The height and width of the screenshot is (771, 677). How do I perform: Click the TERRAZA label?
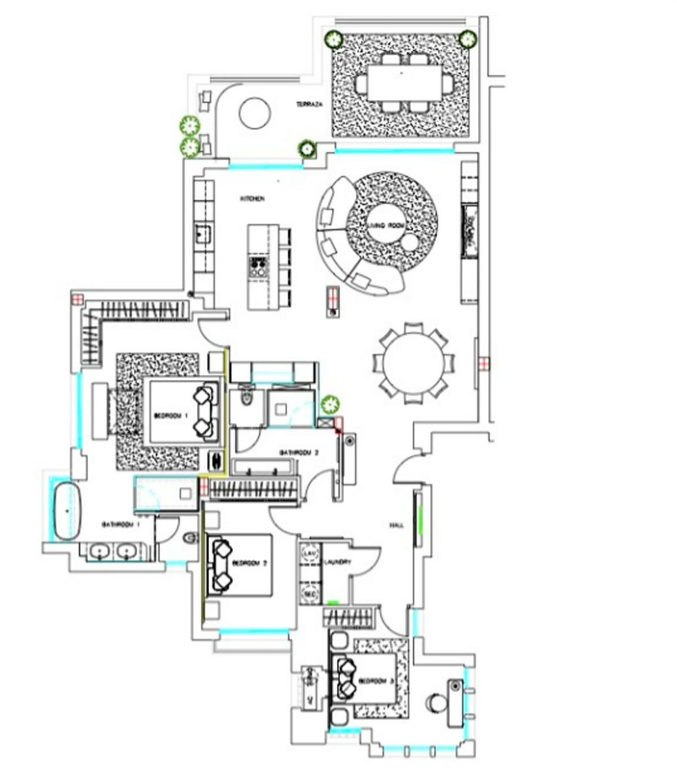310,105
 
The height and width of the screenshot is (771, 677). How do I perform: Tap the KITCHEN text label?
252,199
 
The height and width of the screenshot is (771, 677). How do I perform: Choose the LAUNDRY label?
338,562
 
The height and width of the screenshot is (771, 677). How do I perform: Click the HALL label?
397,525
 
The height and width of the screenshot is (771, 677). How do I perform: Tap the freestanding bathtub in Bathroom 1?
68,510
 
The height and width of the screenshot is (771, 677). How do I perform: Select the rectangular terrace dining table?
405,83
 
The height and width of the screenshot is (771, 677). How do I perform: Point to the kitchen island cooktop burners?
258,266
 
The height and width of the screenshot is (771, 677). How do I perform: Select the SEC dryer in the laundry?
309,594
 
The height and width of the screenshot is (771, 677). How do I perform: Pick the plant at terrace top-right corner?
467,39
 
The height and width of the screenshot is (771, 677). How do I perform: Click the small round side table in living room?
410,243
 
